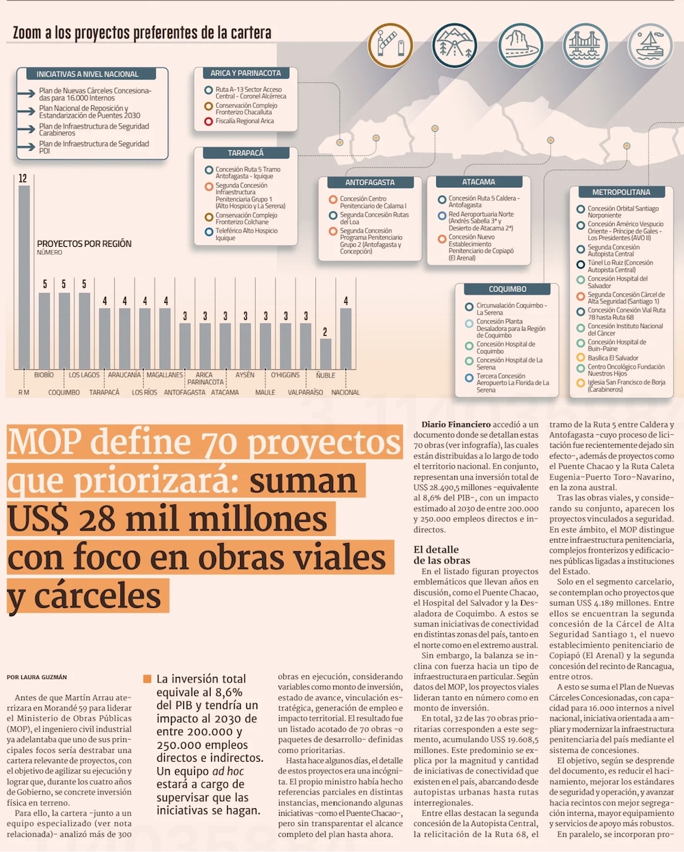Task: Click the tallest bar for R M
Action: tap(24, 277)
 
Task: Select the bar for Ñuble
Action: tap(326, 354)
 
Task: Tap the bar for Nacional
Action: tap(345, 338)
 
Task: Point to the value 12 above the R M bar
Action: tap(23, 178)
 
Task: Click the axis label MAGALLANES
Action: tap(165, 375)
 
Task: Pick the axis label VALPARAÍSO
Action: tap(305, 392)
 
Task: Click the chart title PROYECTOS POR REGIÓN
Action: tap(84, 243)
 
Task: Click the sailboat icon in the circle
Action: tap(650, 45)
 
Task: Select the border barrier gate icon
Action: tap(390, 45)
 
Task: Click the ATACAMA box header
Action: tap(479, 182)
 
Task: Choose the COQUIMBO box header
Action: tap(508, 289)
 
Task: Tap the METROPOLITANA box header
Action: tap(621, 192)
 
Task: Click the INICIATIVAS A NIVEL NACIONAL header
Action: tap(88, 74)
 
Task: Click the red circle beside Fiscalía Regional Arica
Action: tap(209, 122)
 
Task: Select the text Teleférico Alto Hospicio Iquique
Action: tap(246, 235)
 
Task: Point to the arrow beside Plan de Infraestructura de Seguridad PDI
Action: tap(27, 147)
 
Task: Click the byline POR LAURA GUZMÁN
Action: tap(37, 677)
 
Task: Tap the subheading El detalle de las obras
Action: tap(442, 555)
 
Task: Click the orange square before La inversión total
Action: tap(147, 679)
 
